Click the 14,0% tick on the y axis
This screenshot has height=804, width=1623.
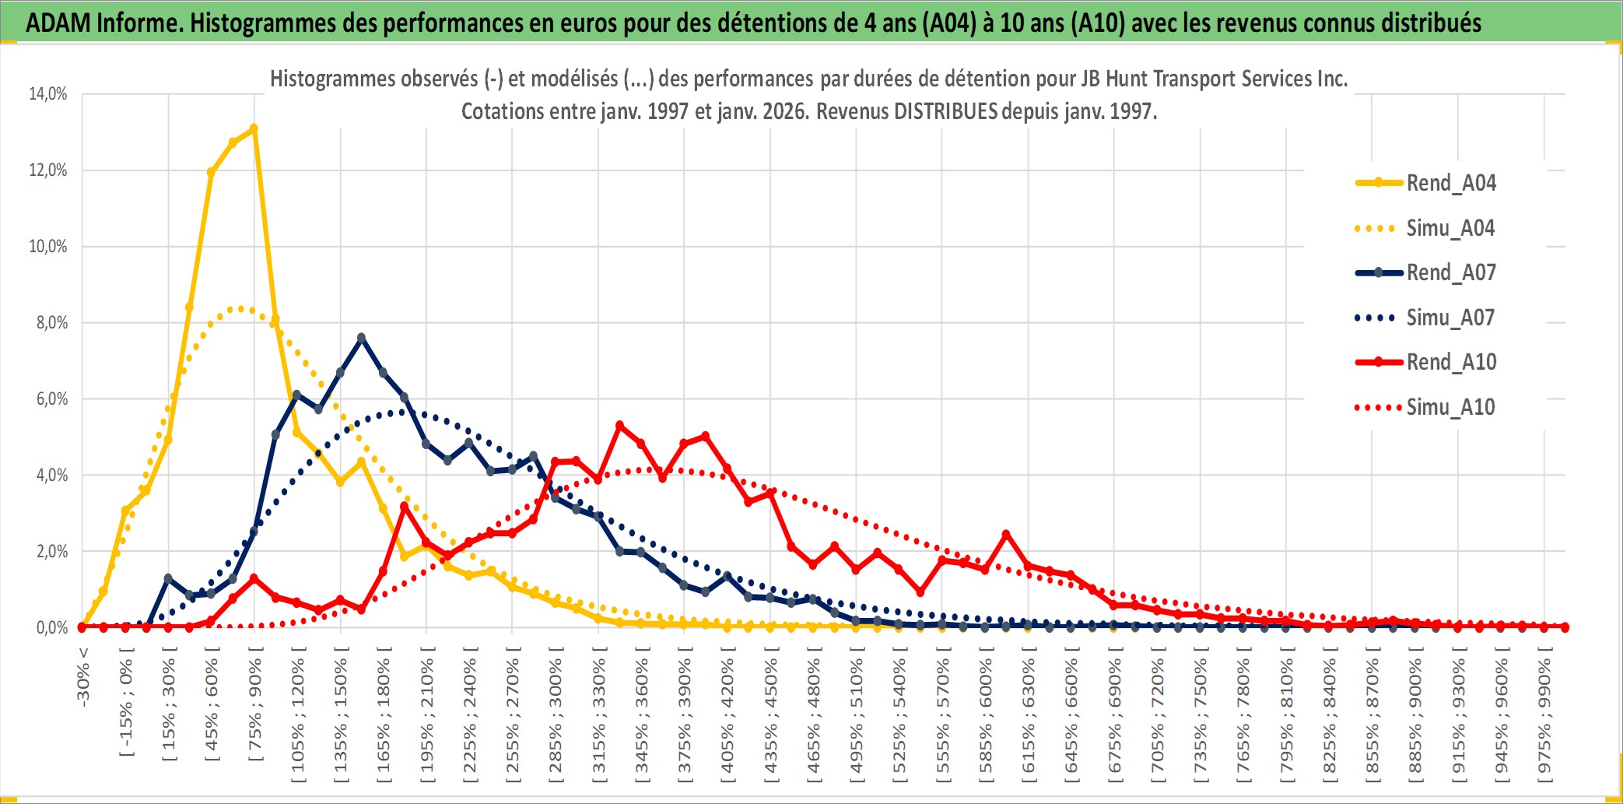[48, 94]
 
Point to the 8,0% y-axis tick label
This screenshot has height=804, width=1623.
[51, 323]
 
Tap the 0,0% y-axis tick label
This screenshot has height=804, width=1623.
[51, 628]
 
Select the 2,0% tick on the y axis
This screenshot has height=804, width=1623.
[51, 552]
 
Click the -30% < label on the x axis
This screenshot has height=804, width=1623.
[83, 677]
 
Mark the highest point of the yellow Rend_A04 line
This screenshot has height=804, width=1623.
[254, 128]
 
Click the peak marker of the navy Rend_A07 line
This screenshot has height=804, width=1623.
[361, 338]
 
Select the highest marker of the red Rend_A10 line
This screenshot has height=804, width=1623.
[619, 426]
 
